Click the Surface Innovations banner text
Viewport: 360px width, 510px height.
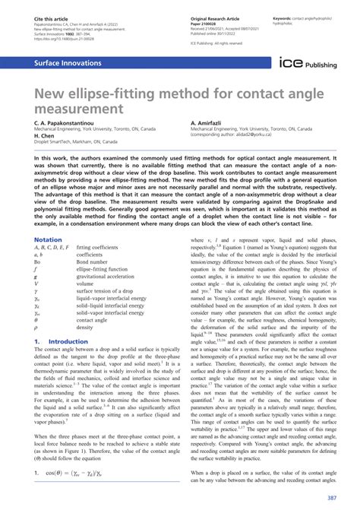[63, 65]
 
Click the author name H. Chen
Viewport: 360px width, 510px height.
[46, 137]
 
